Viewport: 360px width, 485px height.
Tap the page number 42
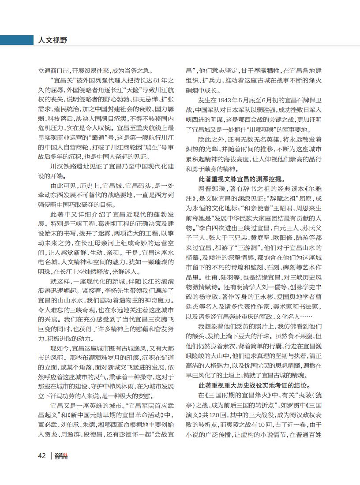pos(41,455)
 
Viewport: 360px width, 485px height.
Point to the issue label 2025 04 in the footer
pos(61,454)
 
